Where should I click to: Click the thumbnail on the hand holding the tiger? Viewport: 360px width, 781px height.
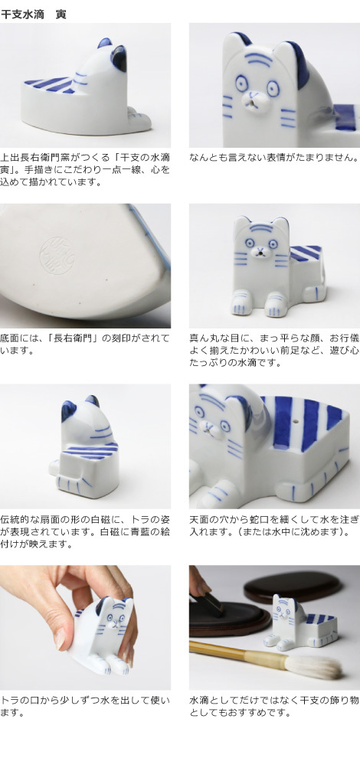[61, 637]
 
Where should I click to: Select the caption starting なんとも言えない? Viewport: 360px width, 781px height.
[273, 158]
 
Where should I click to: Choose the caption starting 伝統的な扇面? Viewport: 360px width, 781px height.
[84, 531]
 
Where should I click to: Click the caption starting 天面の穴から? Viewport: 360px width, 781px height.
[273, 526]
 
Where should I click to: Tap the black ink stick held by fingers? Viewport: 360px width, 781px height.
[207, 606]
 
